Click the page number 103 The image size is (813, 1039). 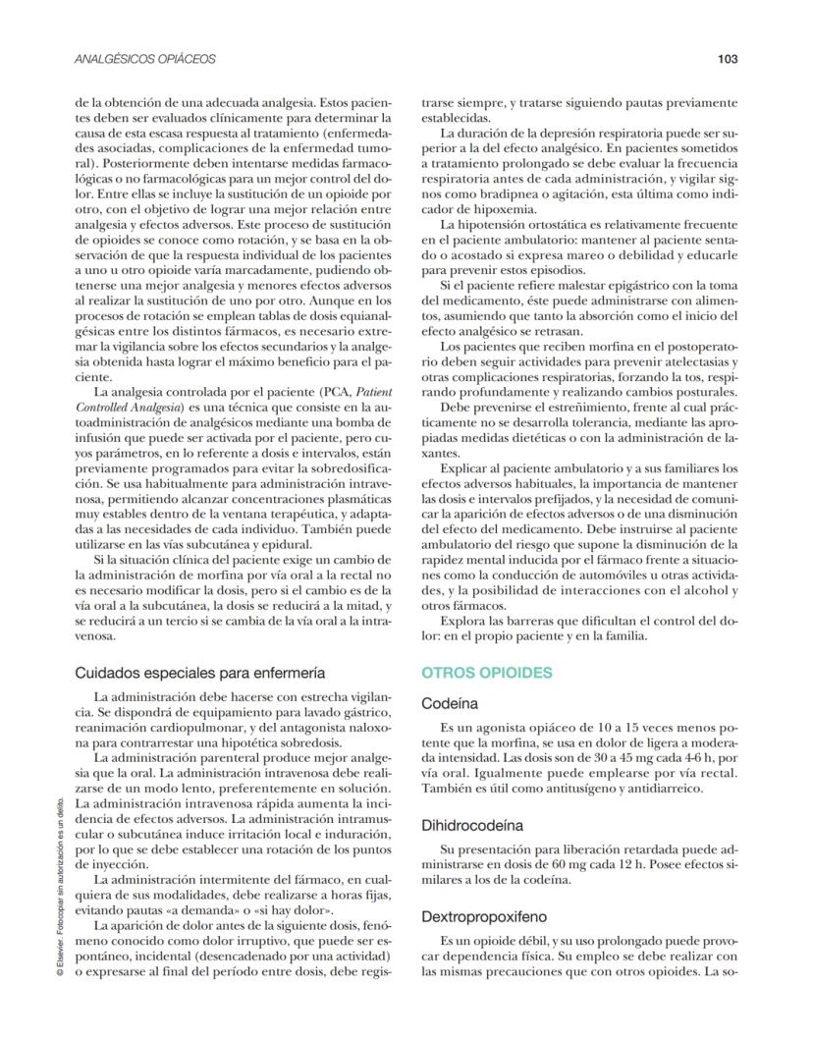click(x=727, y=59)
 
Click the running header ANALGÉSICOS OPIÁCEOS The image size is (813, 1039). click(x=145, y=59)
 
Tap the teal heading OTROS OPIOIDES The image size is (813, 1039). click(x=487, y=673)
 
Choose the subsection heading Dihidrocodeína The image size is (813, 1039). click(x=472, y=826)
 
